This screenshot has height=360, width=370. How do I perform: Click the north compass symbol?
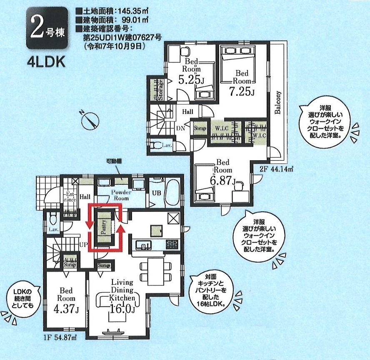coord(90,120)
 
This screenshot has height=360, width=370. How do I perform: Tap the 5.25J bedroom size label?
coord(191,79)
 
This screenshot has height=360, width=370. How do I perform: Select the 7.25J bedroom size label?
coord(242,92)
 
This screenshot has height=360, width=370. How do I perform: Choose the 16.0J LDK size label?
coord(122,309)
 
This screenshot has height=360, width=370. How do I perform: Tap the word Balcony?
coord(278,102)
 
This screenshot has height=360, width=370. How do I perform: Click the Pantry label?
coord(104,227)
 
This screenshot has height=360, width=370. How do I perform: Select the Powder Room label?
coord(121,195)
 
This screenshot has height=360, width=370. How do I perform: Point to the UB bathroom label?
coord(156,193)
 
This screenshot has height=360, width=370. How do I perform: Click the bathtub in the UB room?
coord(172,193)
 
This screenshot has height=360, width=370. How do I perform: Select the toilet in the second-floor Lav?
coord(156,145)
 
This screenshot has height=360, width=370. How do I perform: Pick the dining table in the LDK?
coord(155,271)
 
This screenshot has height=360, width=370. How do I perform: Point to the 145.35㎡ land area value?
coord(133,11)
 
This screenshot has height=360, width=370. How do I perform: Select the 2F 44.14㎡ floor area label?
coord(276,169)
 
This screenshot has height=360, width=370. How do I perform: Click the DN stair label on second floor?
coord(181,128)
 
